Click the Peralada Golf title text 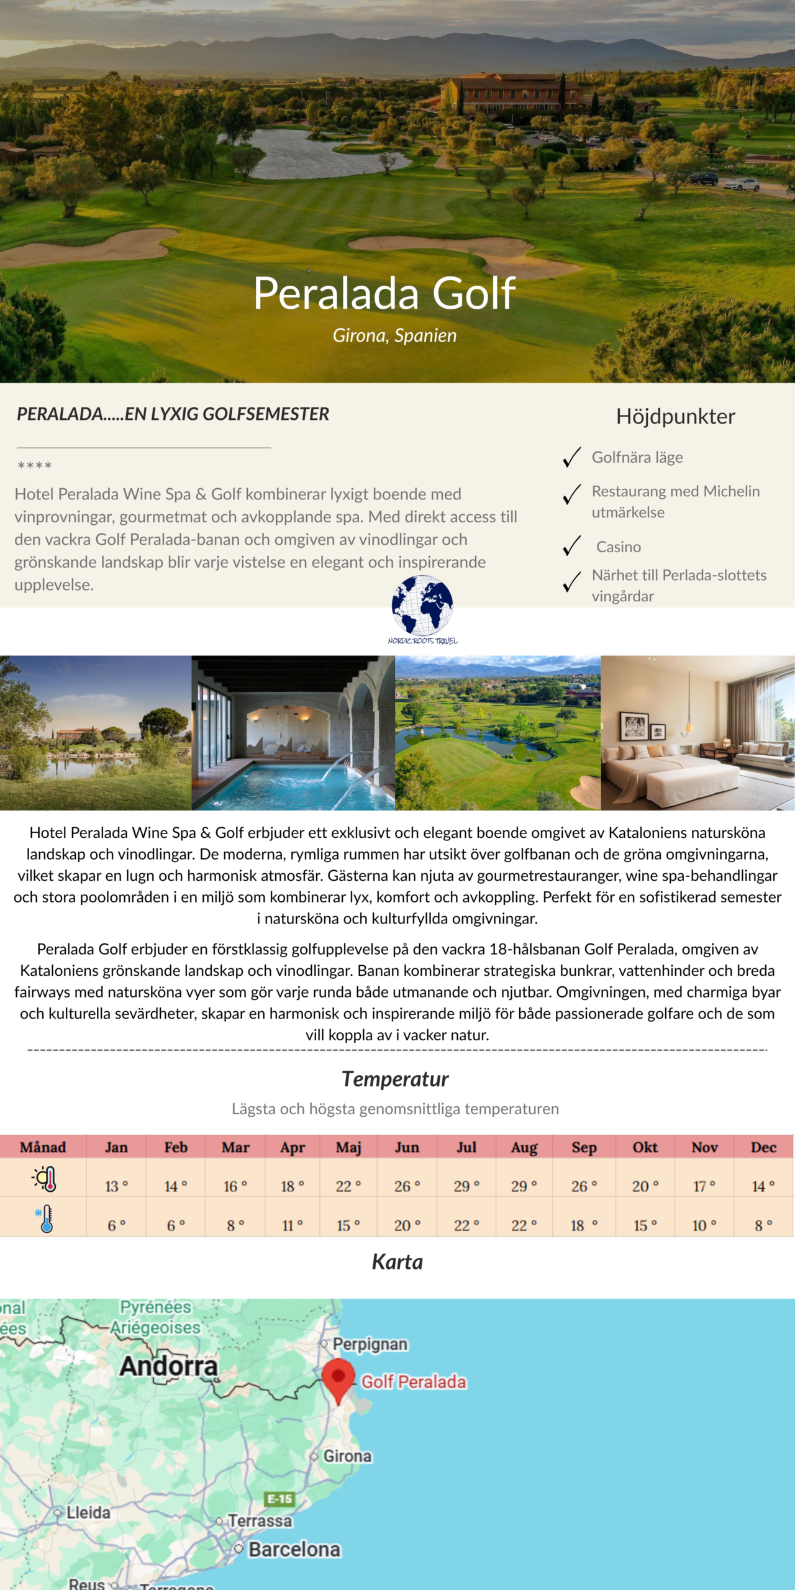pos(384,293)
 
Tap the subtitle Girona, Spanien pos(394,336)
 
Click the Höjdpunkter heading pos(675,416)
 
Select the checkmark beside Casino pos(571,546)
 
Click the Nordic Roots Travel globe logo pos(422,607)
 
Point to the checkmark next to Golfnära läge pos(571,457)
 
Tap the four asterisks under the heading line pos(35,465)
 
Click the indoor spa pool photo pos(293,733)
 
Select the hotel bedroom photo pos(697,733)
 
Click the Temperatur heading pos(395,1079)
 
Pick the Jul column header pos(466,1147)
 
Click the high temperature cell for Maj pos(348,1186)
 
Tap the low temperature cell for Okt pos(645,1225)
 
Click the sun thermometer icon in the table pos(45,1179)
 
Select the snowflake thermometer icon pos(45,1219)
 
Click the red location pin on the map pos(338,1378)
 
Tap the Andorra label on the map pos(168,1366)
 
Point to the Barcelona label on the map pos(294,1550)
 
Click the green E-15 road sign pos(280,1499)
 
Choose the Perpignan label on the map pos(370,1344)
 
